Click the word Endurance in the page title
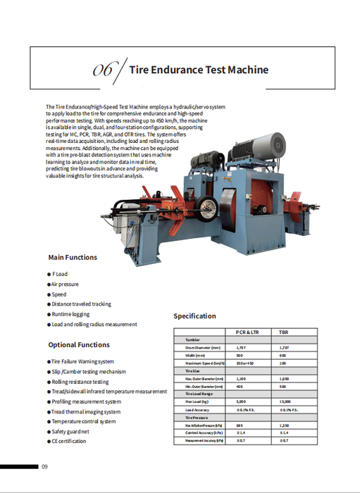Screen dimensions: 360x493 click(x=184, y=70)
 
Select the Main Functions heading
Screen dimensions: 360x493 click(x=73, y=257)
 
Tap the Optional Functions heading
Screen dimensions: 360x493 click(x=79, y=344)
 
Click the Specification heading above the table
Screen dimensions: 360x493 click(x=194, y=316)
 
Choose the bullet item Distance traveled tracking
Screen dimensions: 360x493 click(x=81, y=304)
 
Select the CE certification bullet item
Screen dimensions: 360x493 click(x=69, y=441)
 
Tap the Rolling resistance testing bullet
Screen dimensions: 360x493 click(x=83, y=382)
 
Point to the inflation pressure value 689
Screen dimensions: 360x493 click(x=240, y=425)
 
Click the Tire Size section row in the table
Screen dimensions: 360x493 click(x=194, y=370)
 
